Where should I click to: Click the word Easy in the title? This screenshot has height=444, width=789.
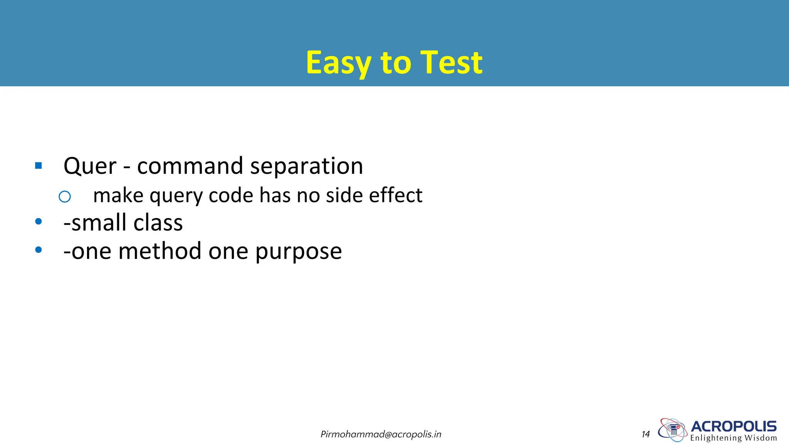(x=338, y=63)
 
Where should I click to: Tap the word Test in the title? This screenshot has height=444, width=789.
(x=451, y=63)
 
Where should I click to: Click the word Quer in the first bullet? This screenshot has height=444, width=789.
(x=90, y=166)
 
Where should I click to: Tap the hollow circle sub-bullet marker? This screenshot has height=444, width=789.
(x=65, y=197)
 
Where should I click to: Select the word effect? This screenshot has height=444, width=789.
(x=396, y=195)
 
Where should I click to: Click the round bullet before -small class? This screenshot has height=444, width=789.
(x=38, y=222)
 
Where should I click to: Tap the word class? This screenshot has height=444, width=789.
(x=158, y=223)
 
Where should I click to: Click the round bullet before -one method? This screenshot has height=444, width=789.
(x=38, y=250)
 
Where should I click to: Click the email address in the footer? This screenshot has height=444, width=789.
(x=381, y=434)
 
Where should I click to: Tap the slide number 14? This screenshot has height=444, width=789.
(x=646, y=434)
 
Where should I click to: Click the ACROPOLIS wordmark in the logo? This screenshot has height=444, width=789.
(x=734, y=426)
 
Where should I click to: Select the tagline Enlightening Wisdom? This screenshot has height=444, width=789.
(x=734, y=438)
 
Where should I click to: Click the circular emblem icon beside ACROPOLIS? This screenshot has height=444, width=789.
(x=673, y=430)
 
